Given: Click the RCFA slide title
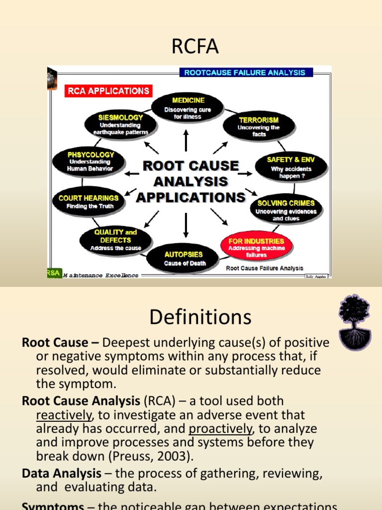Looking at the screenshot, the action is point(191,48).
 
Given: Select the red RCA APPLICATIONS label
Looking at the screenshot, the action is point(108,91).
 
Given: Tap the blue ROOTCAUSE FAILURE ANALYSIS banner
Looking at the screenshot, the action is point(246,72).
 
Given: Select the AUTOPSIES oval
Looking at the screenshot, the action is point(184,258).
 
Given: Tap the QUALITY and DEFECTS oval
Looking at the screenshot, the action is point(115,240).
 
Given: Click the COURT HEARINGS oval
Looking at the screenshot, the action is point(89,201).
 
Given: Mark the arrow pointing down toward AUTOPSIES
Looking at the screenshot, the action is point(186,225).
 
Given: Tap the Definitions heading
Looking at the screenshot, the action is point(200,317).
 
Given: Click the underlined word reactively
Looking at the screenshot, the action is point(64,415).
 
